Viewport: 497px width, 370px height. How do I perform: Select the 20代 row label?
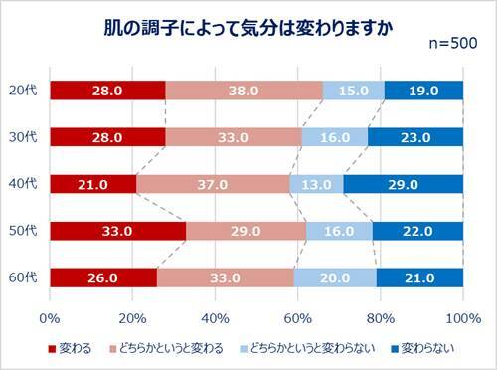(x=23, y=90)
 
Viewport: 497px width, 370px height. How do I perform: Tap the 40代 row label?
(x=23, y=183)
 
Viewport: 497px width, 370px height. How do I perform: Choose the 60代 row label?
(x=23, y=277)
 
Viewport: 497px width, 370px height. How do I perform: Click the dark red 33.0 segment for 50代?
(x=117, y=230)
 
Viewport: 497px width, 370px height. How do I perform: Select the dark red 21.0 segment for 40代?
(x=92, y=183)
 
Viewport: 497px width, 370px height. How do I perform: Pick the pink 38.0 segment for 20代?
(x=244, y=90)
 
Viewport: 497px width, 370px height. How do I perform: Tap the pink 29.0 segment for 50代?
(x=246, y=230)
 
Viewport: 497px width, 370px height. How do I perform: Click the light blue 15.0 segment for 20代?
(x=353, y=90)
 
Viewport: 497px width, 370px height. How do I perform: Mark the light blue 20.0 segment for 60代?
(x=335, y=277)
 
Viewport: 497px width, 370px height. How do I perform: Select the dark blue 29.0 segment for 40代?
(x=403, y=183)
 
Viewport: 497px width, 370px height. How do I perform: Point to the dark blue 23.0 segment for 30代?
(x=415, y=136)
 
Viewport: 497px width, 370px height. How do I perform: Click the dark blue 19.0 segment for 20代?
(x=423, y=90)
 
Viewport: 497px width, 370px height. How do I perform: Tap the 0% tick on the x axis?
(x=49, y=317)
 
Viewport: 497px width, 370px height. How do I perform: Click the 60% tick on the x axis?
(x=297, y=317)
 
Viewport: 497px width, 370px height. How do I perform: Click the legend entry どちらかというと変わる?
(x=165, y=348)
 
